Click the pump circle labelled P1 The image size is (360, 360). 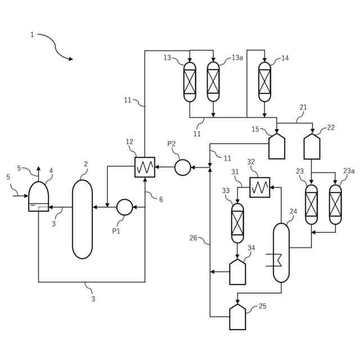pos(124,207)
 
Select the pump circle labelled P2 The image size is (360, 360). pos(182,167)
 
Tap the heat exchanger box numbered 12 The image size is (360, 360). pos(145,167)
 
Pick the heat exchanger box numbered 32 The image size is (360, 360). pos(259,187)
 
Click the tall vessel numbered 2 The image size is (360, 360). pos(82,219)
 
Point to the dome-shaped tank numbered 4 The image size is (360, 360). pos(38,197)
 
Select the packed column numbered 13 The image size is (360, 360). pos(190,82)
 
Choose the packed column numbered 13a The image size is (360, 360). pos(213,82)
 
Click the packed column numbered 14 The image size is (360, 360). pos(264,82)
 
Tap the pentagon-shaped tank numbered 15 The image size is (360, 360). pos(277,146)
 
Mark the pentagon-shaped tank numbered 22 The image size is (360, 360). pos(312,146)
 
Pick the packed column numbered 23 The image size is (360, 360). pos(311,204)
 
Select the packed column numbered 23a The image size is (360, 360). pos(335,204)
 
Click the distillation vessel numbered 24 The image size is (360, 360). pos(281,252)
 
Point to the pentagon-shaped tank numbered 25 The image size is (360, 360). pos(237,318)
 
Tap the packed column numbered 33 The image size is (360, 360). pos(237,222)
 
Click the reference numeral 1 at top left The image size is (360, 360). pos(32,35)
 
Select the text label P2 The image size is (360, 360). pos(172,144)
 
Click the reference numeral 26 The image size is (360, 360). pos(193,238)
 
